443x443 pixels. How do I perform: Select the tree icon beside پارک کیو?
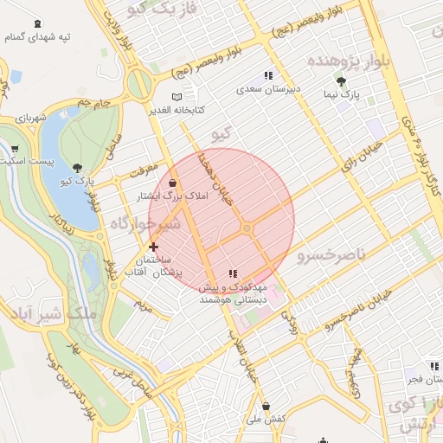click(79, 168)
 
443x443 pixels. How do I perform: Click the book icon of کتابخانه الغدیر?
click(177, 97)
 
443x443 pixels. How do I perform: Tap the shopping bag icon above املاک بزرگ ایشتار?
click(174, 183)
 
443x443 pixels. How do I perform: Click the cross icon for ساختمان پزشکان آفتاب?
click(154, 247)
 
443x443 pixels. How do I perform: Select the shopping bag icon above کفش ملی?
click(266, 406)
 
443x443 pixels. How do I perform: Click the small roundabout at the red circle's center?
click(247, 228)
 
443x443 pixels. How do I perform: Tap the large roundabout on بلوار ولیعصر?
click(138, 85)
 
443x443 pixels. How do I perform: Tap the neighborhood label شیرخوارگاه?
click(144, 224)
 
